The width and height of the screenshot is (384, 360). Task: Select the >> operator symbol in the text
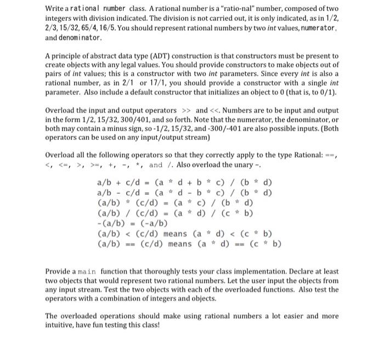(x=186, y=109)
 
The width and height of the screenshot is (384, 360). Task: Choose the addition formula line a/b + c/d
(x=184, y=182)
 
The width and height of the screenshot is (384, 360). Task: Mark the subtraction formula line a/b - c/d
(x=184, y=192)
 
